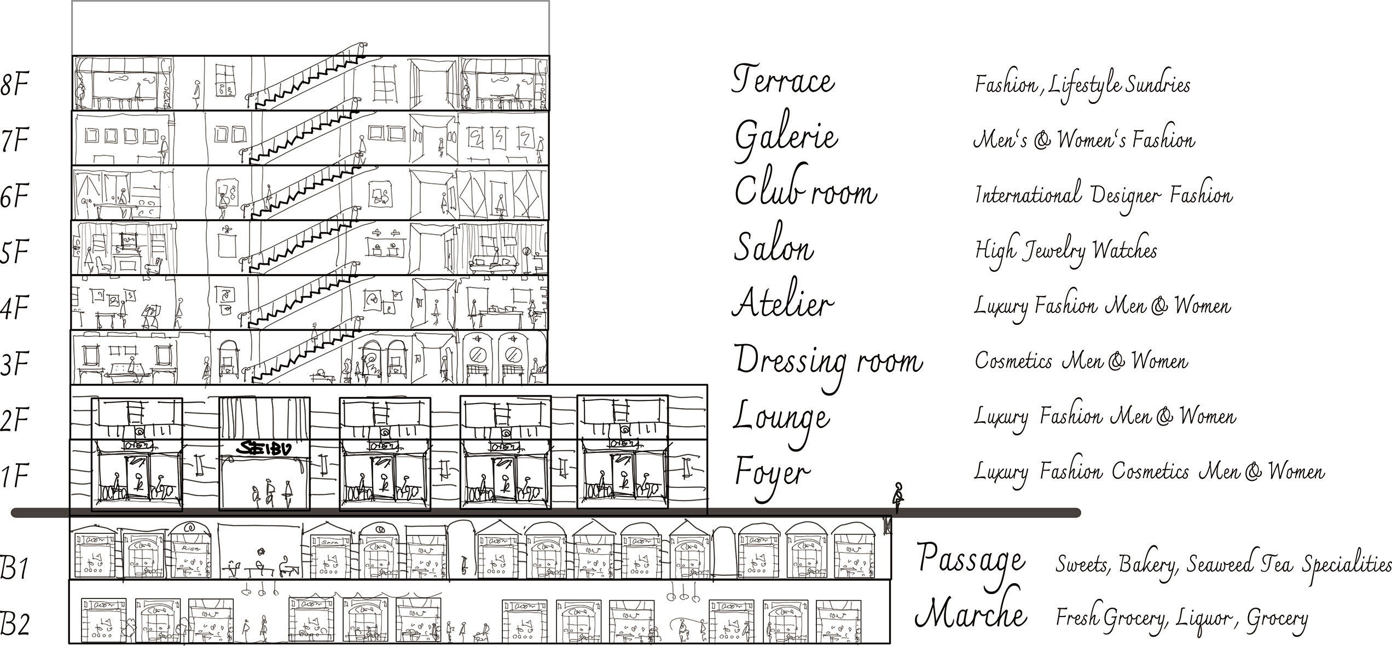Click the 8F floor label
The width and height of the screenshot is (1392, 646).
click(14, 86)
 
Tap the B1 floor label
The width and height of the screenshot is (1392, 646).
click(14, 567)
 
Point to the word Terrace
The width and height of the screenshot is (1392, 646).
click(783, 80)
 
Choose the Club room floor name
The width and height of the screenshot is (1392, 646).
click(805, 191)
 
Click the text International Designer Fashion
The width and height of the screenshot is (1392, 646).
click(1104, 196)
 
